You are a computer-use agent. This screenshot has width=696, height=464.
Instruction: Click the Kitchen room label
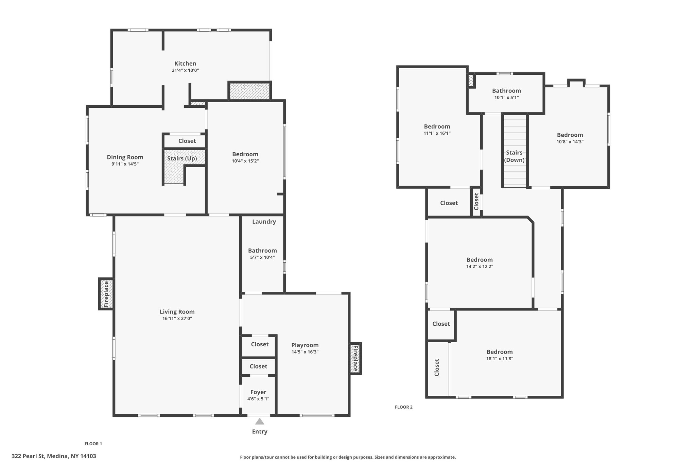pyautogui.click(x=185, y=64)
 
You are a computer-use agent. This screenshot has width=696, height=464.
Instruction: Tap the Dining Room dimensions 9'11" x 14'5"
pyautogui.click(x=125, y=164)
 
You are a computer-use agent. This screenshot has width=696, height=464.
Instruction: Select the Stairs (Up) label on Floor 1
pyautogui.click(x=182, y=158)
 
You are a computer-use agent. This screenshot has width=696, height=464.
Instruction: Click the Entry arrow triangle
pyautogui.click(x=260, y=422)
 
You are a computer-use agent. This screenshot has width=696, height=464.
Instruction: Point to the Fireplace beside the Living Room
pyautogui.click(x=106, y=294)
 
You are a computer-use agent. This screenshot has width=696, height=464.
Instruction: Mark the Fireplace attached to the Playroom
pyautogui.click(x=355, y=358)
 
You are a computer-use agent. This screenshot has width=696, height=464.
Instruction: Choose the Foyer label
pyautogui.click(x=258, y=392)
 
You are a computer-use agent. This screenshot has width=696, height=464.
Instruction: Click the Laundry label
pyautogui.click(x=264, y=222)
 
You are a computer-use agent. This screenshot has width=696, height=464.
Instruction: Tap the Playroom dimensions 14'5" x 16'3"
pyautogui.click(x=305, y=352)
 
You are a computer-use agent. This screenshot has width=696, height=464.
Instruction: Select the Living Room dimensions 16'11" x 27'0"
pyautogui.click(x=177, y=319)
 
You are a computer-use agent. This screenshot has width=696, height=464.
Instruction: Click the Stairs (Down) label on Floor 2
pyautogui.click(x=514, y=156)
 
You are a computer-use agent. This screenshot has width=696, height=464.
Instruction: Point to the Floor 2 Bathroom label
pyautogui.click(x=506, y=91)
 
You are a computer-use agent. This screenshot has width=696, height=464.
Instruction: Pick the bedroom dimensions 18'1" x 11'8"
pyautogui.click(x=500, y=358)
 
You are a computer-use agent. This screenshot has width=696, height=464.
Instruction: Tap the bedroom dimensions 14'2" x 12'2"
pyautogui.click(x=480, y=267)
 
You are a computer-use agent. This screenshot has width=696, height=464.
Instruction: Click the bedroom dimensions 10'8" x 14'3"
pyautogui.click(x=570, y=142)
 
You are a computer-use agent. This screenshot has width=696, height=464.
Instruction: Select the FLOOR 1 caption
pyautogui.click(x=93, y=444)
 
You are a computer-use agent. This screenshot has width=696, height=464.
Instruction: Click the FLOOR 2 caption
pyautogui.click(x=404, y=407)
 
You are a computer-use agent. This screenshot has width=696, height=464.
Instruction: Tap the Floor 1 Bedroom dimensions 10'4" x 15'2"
pyautogui.click(x=245, y=161)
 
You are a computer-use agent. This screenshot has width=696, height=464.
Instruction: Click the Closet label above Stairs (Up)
pyautogui.click(x=187, y=141)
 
